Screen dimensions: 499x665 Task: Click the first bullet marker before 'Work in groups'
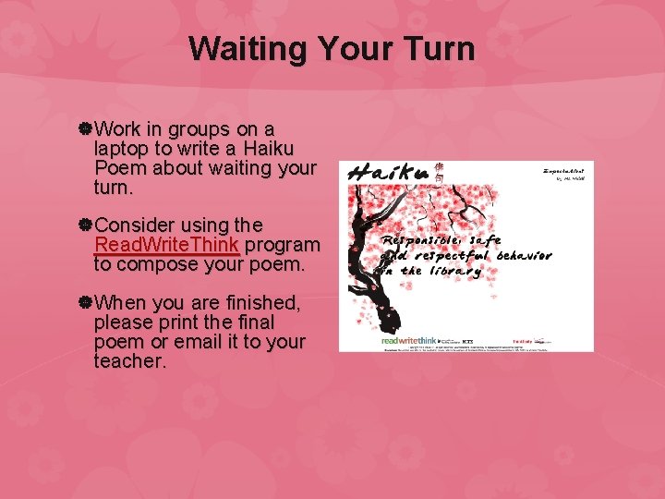click(x=84, y=128)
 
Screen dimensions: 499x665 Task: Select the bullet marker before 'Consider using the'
click(x=84, y=225)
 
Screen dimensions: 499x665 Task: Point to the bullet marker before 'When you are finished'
click(x=84, y=302)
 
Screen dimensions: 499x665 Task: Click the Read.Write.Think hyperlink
click(x=166, y=245)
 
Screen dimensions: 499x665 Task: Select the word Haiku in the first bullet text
click(x=268, y=148)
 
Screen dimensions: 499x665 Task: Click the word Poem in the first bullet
click(x=120, y=167)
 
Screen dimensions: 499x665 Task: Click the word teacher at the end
click(x=129, y=360)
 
